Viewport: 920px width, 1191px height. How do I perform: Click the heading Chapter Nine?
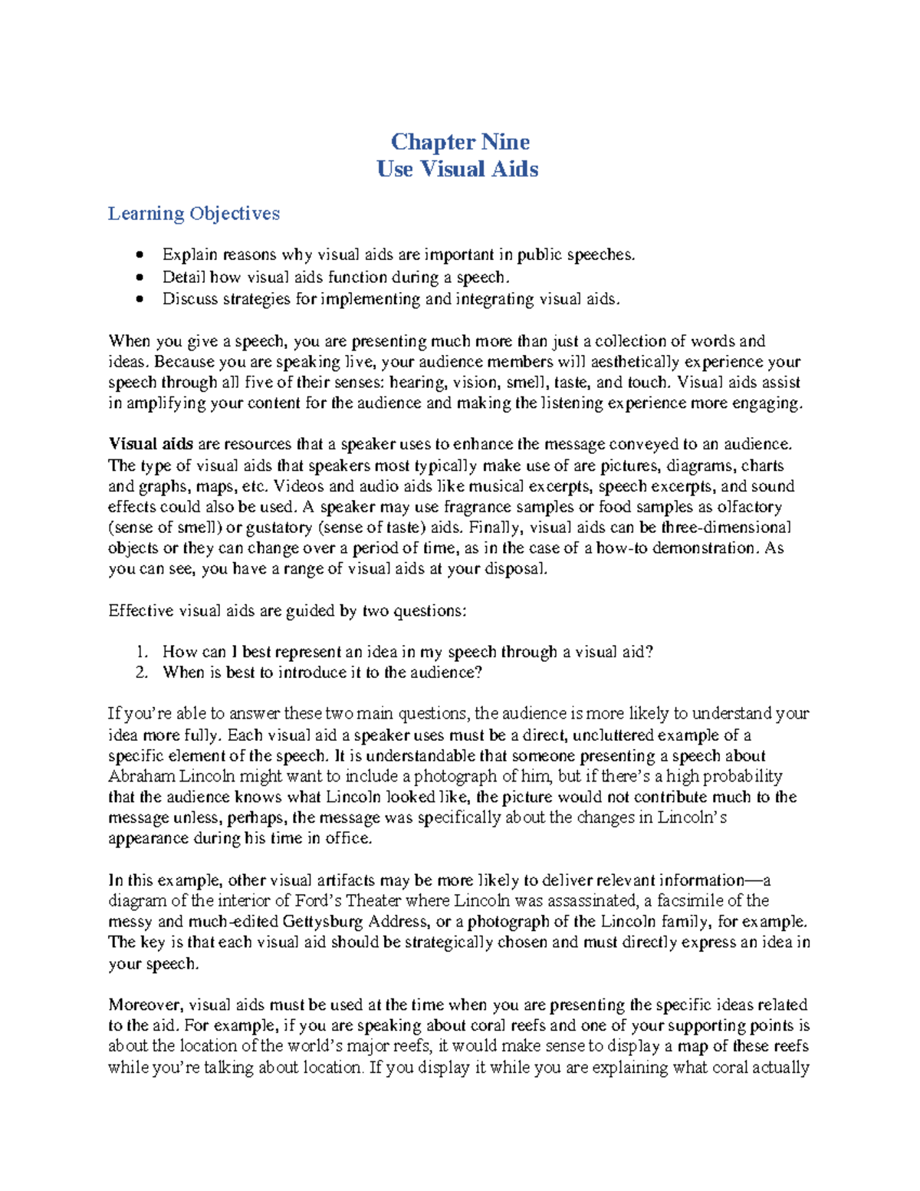click(460, 142)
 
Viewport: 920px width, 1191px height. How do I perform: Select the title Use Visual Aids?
click(458, 169)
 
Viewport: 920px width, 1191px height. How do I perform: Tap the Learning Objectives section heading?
click(194, 213)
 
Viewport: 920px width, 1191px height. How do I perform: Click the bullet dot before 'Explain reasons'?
click(139, 255)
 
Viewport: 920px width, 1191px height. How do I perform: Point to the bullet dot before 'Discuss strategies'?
click(139, 300)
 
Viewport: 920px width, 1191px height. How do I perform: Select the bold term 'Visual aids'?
click(150, 444)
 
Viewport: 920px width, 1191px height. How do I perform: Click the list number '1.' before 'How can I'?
click(141, 653)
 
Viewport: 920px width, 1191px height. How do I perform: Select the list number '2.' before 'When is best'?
click(141, 673)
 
